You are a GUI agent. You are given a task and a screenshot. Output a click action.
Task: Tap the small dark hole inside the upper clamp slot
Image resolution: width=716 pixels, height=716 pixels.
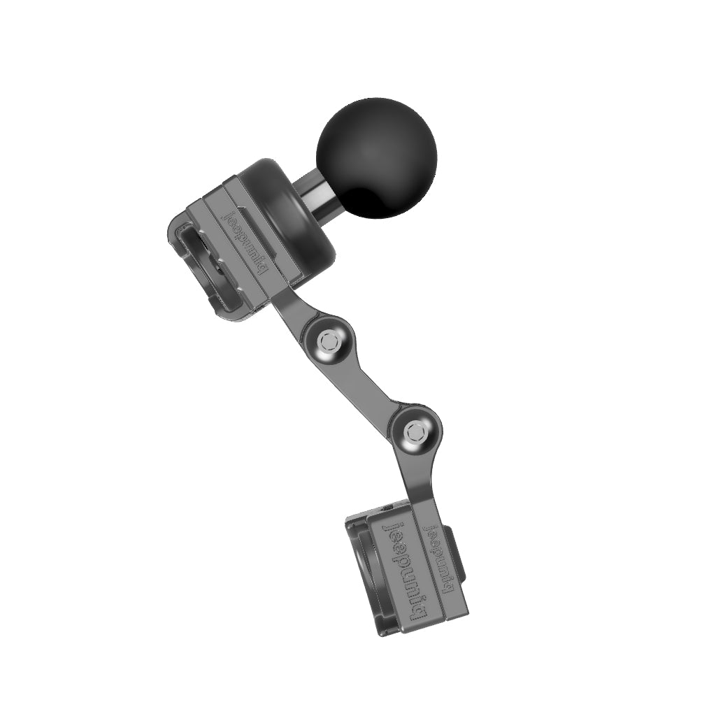point(218,266)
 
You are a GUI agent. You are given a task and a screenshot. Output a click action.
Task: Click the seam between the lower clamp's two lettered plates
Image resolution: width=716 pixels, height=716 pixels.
point(422,566)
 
